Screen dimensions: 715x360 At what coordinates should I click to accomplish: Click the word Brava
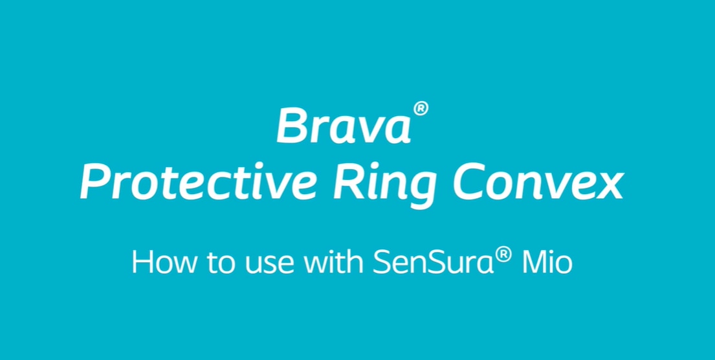pyautogui.click(x=344, y=124)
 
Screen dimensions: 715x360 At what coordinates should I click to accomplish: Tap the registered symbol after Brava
pyautogui.click(x=421, y=110)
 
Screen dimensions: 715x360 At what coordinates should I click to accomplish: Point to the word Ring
pyautogui.click(x=384, y=187)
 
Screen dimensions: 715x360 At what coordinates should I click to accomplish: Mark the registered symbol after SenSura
pyautogui.click(x=503, y=256)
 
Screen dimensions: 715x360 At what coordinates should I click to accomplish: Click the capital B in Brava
pyautogui.click(x=291, y=124)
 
